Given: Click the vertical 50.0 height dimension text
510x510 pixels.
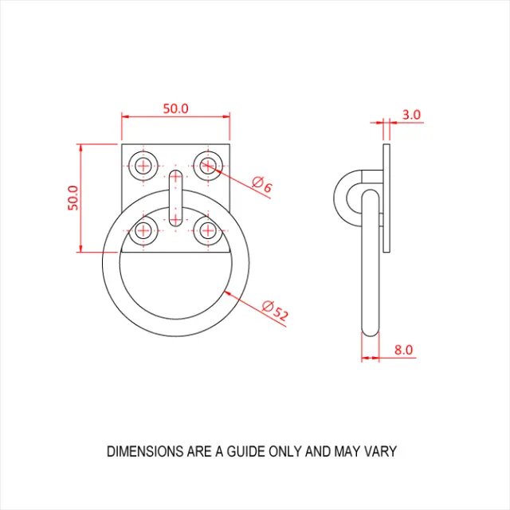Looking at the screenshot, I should pyautogui.click(x=73, y=198).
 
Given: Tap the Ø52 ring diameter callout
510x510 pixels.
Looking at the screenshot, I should pyautogui.click(x=274, y=311).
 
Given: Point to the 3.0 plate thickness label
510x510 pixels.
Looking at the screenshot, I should pyautogui.click(x=411, y=115).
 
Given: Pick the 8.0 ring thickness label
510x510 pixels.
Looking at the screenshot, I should pyautogui.click(x=403, y=349).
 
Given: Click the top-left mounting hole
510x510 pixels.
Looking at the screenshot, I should pyautogui.click(x=143, y=166).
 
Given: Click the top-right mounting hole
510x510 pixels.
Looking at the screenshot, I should pyautogui.click(x=208, y=166).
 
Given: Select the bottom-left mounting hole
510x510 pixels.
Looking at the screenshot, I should pyautogui.click(x=143, y=232).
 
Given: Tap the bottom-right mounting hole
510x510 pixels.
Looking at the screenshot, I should pyautogui.click(x=208, y=232).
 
